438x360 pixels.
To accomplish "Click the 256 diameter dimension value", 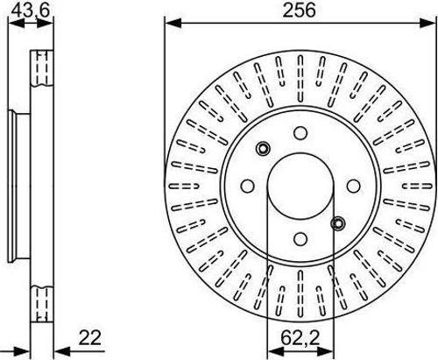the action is pyautogui.click(x=300, y=11).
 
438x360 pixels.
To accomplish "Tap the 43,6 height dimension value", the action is pyautogui.click(x=31, y=11).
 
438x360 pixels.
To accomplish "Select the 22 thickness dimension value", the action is pyautogui.click(x=90, y=338).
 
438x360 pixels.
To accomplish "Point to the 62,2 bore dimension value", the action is pyautogui.click(x=300, y=338).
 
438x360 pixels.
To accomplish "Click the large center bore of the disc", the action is pyautogui.click(x=300, y=186).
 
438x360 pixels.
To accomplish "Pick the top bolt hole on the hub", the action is pyautogui.click(x=300, y=133).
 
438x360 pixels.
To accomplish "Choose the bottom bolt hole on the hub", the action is pyautogui.click(x=300, y=239).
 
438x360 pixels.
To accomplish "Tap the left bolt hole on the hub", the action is pyautogui.click(x=248, y=186).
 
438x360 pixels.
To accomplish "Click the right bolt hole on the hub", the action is pyautogui.click(x=353, y=186).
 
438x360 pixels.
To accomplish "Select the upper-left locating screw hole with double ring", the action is pyautogui.click(x=263, y=149).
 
